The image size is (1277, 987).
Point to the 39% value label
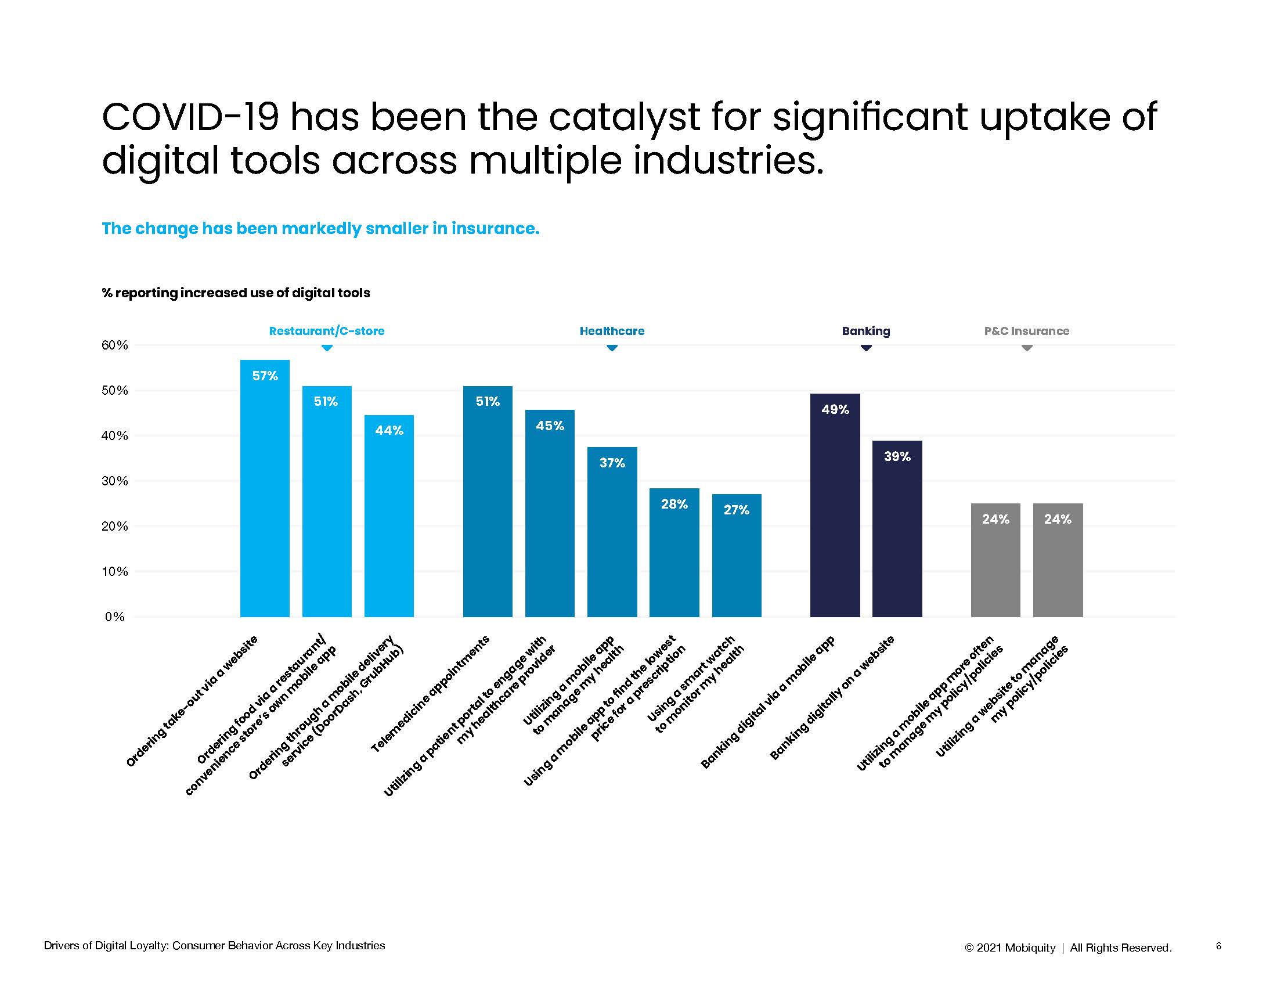pos(897,456)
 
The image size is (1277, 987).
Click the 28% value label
pos(674,504)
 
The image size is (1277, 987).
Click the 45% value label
pos(550,426)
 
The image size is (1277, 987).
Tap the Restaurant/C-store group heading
pos(326,331)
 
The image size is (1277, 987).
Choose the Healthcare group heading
pos(612,331)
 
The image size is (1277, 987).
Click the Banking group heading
pos(866,331)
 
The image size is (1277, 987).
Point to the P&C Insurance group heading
pos(1026,331)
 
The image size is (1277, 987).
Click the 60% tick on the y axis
pos(114,345)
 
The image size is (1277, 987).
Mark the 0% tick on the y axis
pos(115,617)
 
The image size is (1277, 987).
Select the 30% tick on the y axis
pos(114,481)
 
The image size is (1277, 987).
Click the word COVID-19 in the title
pos(190,117)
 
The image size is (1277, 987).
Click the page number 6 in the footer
pos(1218,945)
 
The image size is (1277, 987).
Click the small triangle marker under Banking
pos(866,348)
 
